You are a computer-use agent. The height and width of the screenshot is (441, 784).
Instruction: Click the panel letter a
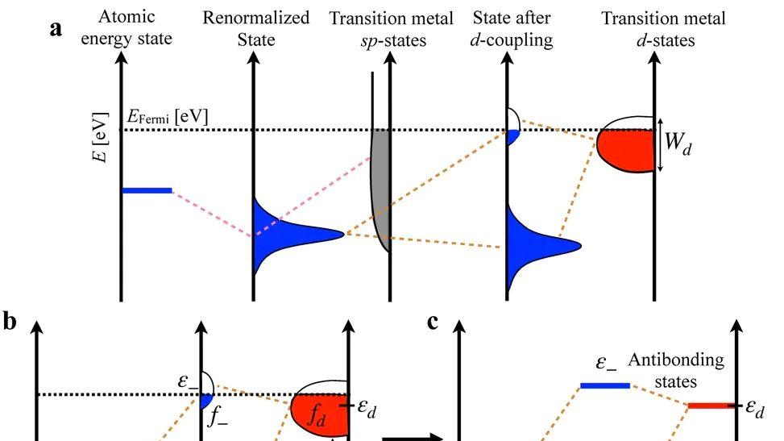56,28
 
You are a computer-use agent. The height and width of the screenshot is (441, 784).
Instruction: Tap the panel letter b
10,321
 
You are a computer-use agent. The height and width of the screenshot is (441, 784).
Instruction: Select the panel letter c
433,322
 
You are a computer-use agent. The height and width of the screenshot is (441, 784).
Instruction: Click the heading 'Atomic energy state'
127,27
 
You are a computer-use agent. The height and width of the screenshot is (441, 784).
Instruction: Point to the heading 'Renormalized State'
256,28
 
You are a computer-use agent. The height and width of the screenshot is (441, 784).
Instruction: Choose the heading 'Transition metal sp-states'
391,29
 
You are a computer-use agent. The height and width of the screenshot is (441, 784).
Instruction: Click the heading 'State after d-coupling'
512,28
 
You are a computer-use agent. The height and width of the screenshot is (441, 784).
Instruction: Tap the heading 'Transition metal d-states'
663,29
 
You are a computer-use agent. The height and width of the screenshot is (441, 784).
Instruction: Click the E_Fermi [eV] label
168,117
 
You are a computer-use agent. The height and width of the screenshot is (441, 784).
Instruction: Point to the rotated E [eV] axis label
100,137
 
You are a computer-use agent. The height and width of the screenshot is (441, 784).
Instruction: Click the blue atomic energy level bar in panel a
147,190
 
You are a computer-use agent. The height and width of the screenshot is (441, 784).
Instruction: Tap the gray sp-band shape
380,190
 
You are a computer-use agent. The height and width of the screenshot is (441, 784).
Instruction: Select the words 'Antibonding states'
676,370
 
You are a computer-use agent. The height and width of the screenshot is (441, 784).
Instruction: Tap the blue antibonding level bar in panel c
605,385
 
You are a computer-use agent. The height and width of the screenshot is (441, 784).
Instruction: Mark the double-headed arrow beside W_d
660,145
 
